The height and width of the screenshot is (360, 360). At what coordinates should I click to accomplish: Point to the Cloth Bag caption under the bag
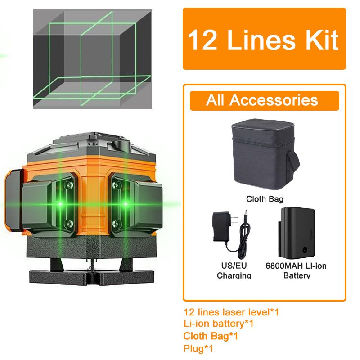[x=265, y=198]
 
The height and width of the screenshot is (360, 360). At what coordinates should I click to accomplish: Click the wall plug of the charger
[x=223, y=225]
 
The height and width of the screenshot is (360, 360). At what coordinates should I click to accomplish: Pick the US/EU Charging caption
[x=234, y=270]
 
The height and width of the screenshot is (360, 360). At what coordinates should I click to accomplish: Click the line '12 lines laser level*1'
[x=231, y=311]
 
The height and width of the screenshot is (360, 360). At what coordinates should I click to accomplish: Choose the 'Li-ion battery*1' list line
[x=219, y=323]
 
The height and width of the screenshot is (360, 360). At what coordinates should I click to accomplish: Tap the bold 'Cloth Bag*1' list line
[x=211, y=336]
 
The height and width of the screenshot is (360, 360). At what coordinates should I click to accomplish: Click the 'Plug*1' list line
[x=198, y=348]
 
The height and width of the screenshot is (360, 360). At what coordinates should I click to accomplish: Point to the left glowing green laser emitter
[x=60, y=204]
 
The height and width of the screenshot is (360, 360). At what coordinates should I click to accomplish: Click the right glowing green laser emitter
[x=126, y=204]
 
